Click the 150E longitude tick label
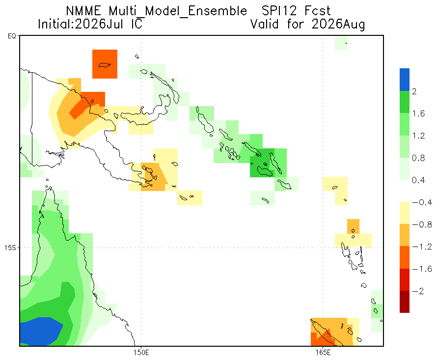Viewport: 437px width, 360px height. click(141, 353)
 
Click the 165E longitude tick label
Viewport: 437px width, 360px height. click(323, 353)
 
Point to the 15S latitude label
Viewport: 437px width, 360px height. click(10, 248)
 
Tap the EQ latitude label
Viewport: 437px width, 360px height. click(12, 36)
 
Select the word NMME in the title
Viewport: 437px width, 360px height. click(83, 11)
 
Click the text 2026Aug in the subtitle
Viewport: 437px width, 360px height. click(338, 24)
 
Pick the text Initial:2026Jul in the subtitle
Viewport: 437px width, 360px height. click(81, 24)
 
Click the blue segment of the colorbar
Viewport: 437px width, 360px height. click(405, 80)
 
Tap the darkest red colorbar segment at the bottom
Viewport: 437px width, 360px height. click(405, 302)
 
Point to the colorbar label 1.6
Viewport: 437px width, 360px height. click(418, 113)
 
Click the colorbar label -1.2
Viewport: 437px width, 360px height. click(422, 247)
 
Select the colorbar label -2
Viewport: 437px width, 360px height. click(418, 291)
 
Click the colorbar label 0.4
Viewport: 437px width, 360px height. click(418, 180)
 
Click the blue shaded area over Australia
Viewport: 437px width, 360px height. click(40, 332)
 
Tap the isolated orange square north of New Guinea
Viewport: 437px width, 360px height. click(105, 64)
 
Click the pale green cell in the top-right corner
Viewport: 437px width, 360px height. click(341, 43)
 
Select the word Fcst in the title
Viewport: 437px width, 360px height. click(317, 11)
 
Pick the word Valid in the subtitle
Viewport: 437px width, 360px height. click(265, 24)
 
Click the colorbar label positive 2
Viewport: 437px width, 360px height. click(414, 91)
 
